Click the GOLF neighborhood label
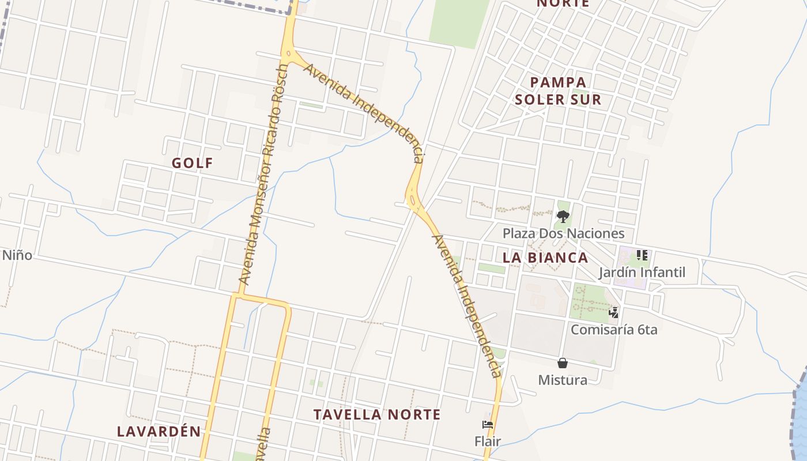pyautogui.click(x=193, y=163)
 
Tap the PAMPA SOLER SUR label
pyautogui.click(x=557, y=91)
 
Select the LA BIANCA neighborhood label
pyautogui.click(x=545, y=258)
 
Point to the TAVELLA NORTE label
pyautogui.click(x=377, y=414)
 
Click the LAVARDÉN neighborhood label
pyautogui.click(x=159, y=431)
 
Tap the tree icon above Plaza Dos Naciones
pyautogui.click(x=563, y=217)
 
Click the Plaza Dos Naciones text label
pyautogui.click(x=563, y=233)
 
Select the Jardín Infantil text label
pyautogui.click(x=642, y=272)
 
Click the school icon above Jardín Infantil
pyautogui.click(x=642, y=255)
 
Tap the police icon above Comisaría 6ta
pyautogui.click(x=614, y=313)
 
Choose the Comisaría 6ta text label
pyautogui.click(x=614, y=330)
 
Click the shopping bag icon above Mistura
pyautogui.click(x=563, y=363)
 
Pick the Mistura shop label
pyautogui.click(x=563, y=380)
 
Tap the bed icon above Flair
pyautogui.click(x=488, y=425)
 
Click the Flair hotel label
pyautogui.click(x=488, y=441)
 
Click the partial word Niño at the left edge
pyautogui.click(x=17, y=255)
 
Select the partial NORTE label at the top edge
pyautogui.click(x=563, y=3)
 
